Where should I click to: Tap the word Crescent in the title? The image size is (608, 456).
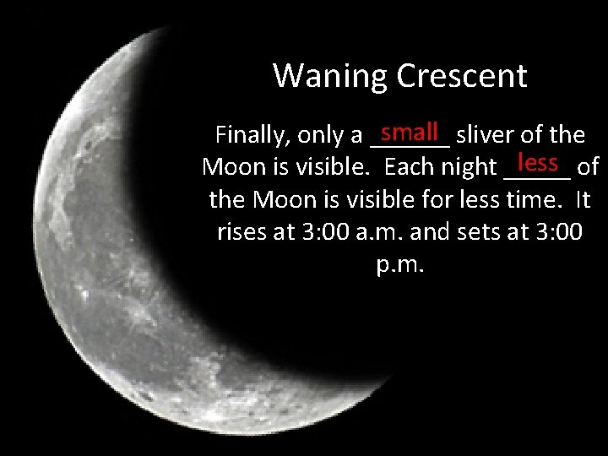point(462,76)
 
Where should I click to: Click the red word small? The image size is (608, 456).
point(409,132)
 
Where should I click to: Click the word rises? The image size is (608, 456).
point(242,232)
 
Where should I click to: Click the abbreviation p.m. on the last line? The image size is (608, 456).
point(399,265)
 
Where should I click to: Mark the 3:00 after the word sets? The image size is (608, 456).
point(559,232)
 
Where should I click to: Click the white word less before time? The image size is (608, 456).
point(489,200)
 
